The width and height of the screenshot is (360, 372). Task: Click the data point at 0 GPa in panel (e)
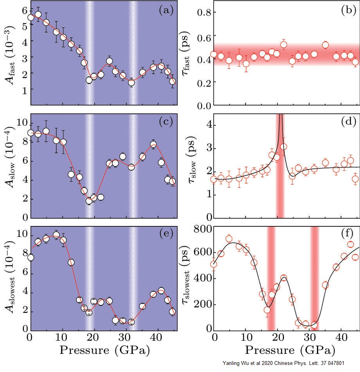click(31, 257)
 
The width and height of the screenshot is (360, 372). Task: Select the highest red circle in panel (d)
click(284, 147)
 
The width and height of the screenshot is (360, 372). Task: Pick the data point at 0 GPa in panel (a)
click(31, 17)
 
